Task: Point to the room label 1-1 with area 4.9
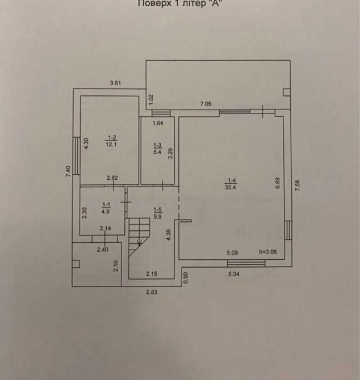[106, 208]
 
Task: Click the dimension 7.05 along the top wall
[205, 103]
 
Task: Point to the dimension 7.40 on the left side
[68, 171]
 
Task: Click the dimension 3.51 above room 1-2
[115, 83]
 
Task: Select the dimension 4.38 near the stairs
[169, 235]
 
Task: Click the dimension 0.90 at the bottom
[185, 277]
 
